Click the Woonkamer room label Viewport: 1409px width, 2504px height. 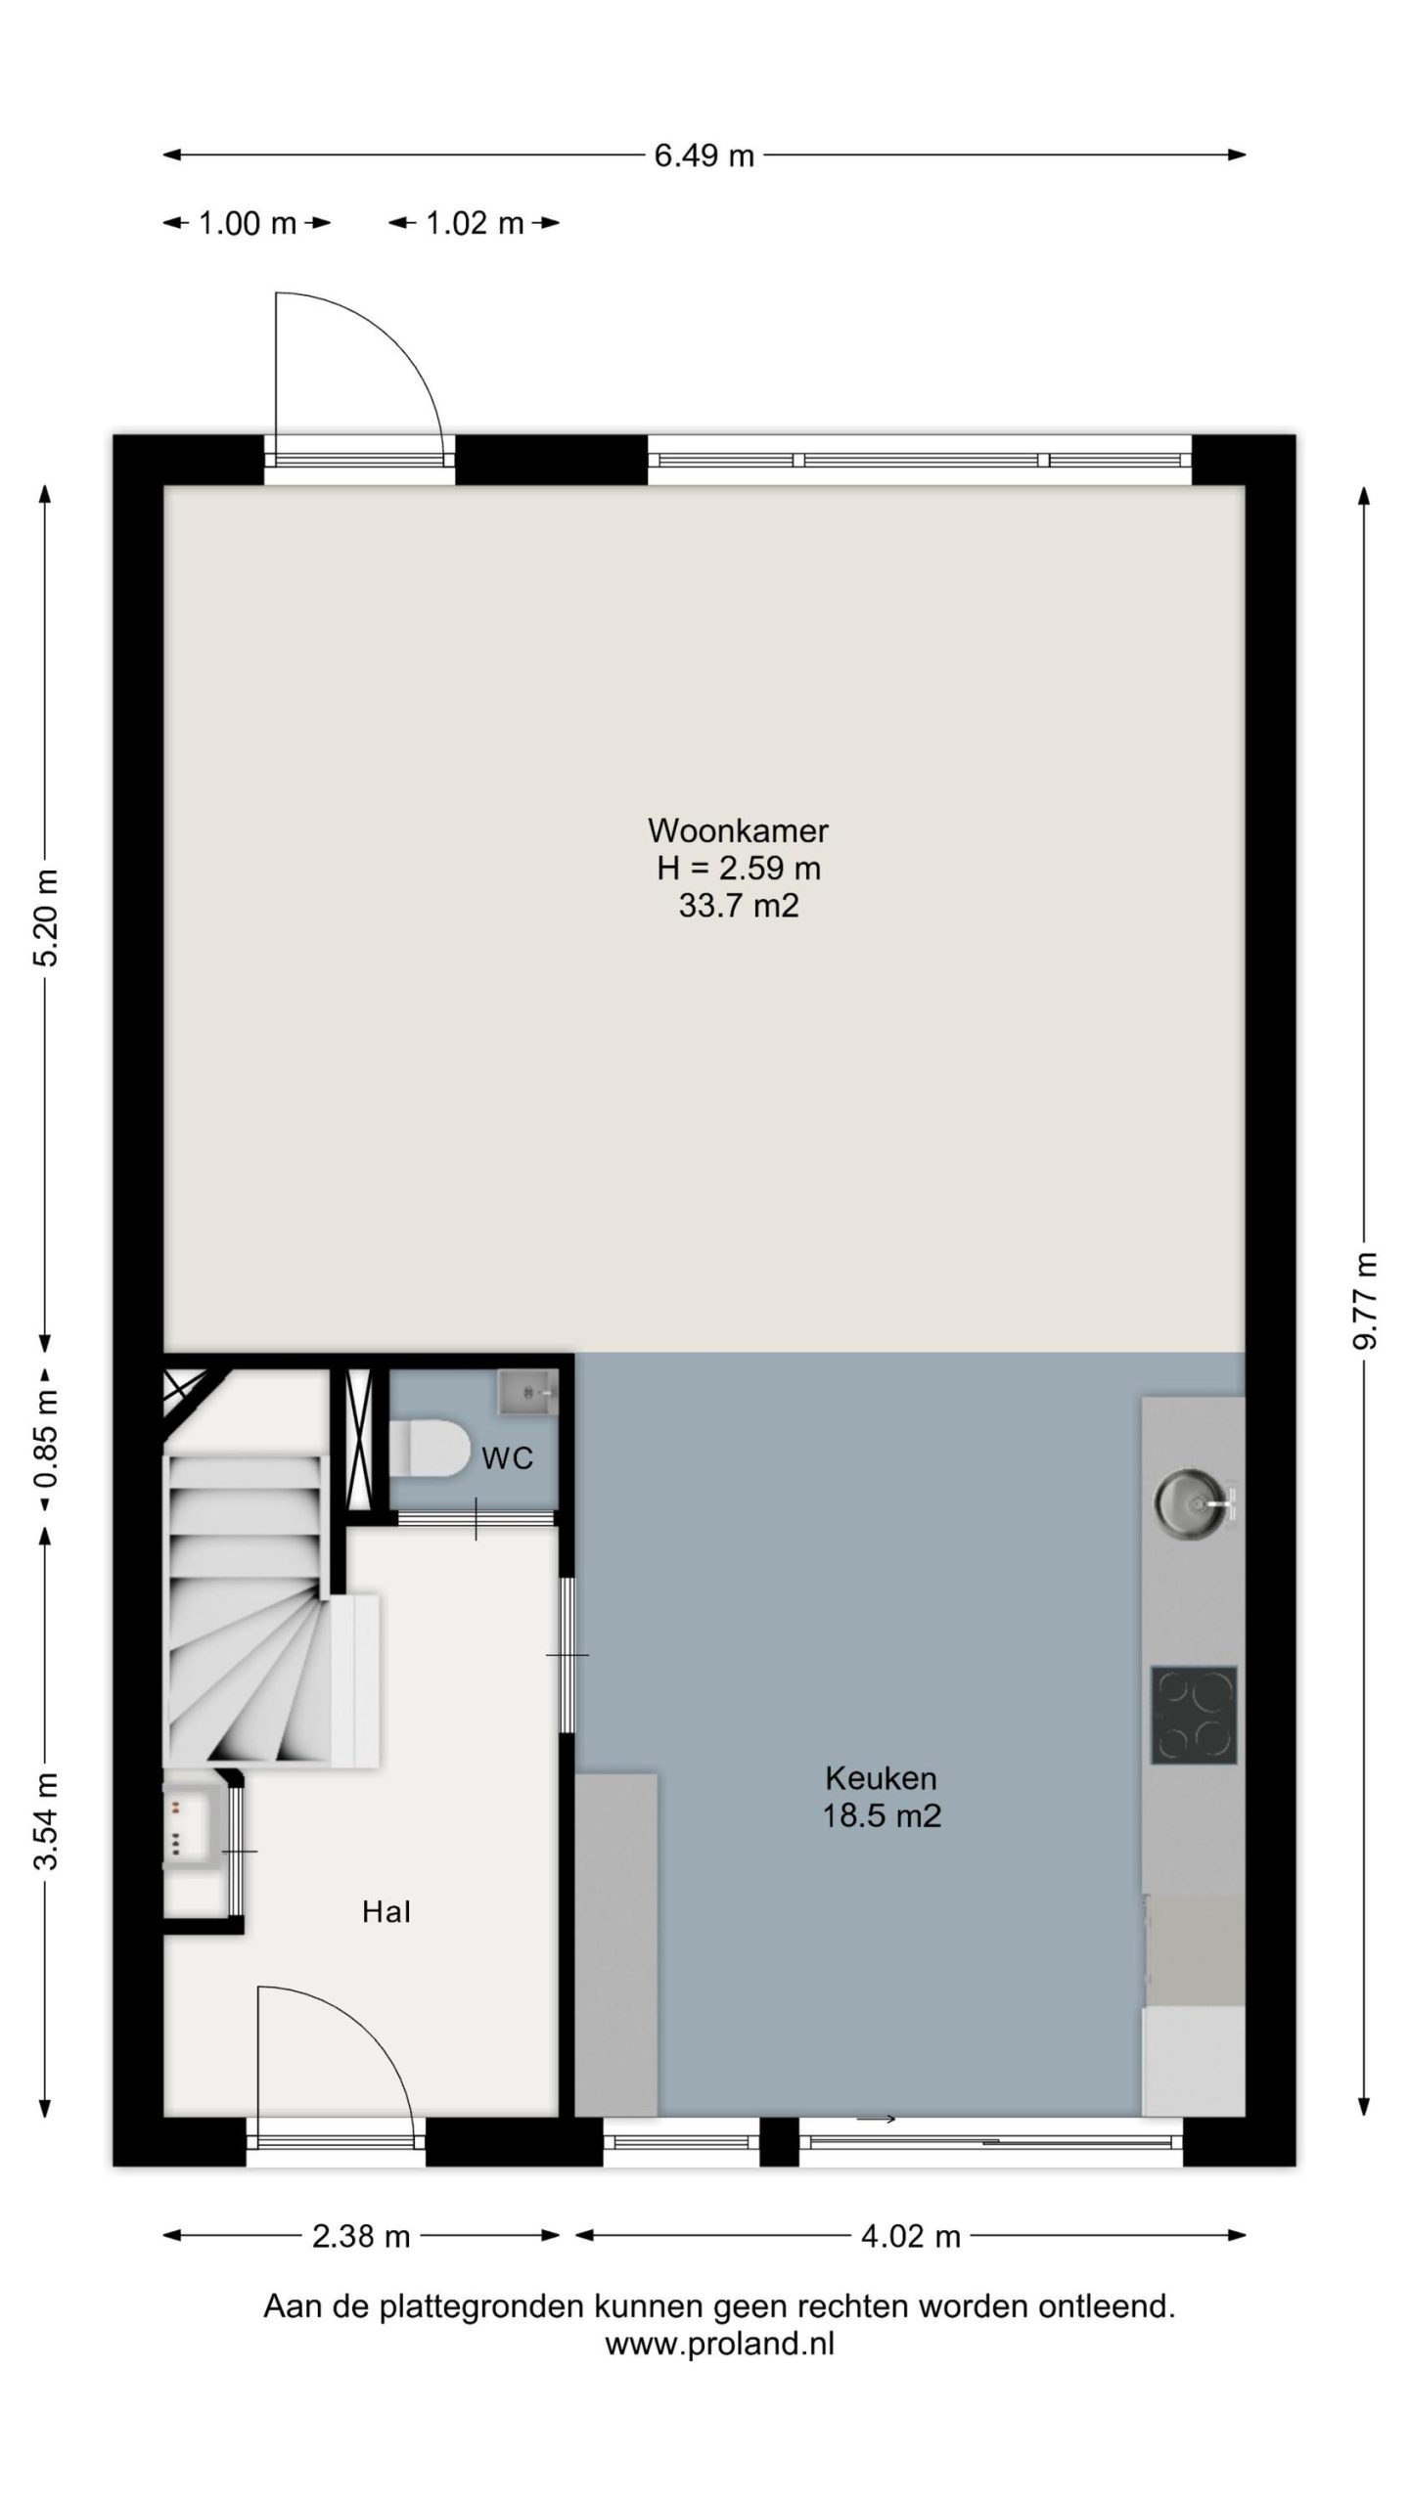coord(738,830)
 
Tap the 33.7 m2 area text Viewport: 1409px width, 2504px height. coord(739,906)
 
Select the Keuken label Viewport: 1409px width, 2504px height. coord(881,1777)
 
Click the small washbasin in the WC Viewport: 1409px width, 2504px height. coord(526,1391)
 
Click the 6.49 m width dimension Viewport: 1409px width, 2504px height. coord(704,156)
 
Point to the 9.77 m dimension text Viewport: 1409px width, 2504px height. coord(1364,1300)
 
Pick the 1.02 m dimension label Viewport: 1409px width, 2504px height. coord(475,224)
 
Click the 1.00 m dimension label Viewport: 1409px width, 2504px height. coord(248,224)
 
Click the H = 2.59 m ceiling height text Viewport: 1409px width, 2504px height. coord(739,868)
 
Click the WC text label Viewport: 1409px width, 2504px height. coord(508,1458)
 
